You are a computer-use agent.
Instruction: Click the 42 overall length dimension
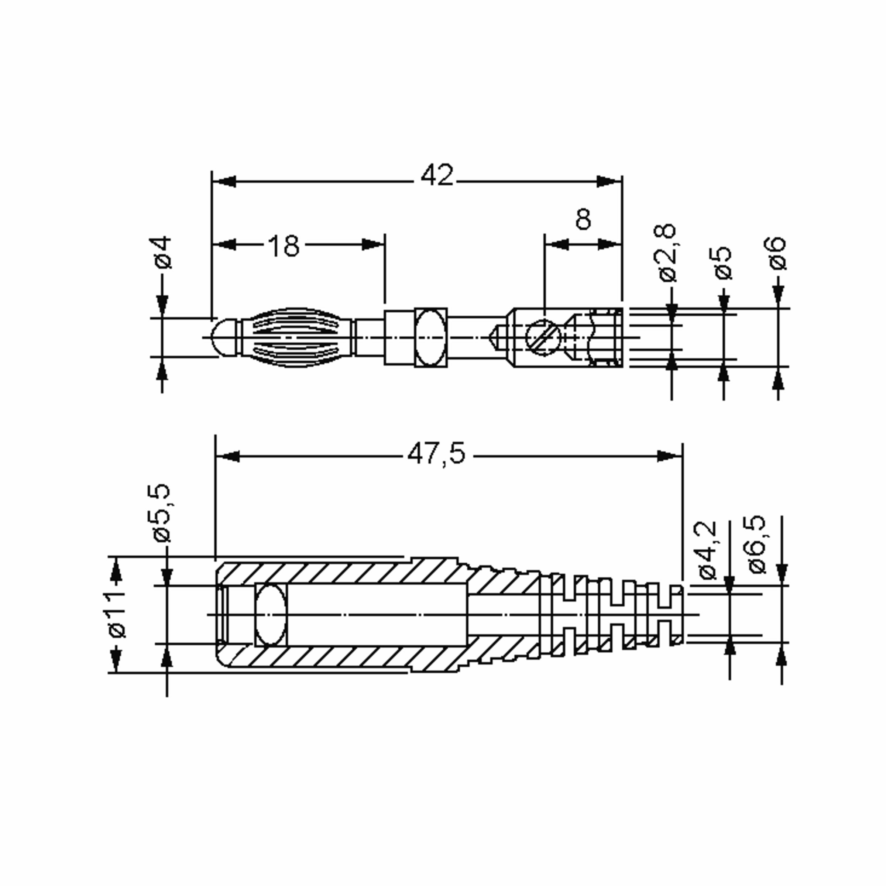[437, 175]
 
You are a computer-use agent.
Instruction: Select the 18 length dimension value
[284, 246]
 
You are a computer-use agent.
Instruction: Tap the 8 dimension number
[583, 219]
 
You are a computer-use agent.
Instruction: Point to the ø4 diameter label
[163, 252]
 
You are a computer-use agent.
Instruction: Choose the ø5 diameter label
[723, 263]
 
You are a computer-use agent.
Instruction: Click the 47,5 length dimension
[436, 454]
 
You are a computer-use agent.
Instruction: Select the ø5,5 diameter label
[162, 513]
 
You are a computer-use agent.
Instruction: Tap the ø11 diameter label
[117, 615]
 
